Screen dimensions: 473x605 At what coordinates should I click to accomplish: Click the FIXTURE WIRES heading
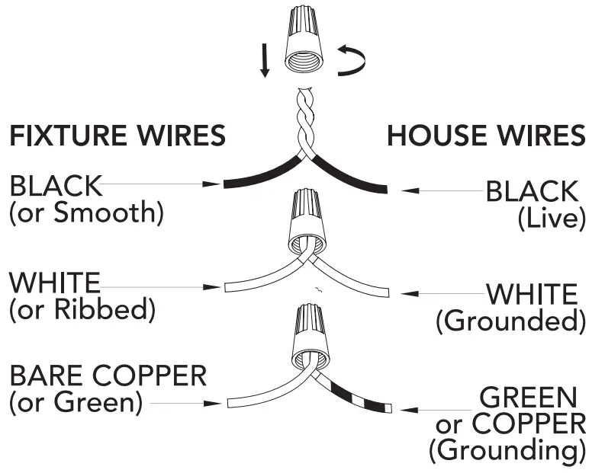tap(117, 136)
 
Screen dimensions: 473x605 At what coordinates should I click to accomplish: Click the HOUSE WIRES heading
tap(487, 136)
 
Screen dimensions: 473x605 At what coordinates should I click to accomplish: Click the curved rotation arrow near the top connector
tap(352, 61)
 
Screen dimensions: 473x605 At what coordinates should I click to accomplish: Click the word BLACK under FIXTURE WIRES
tap(55, 185)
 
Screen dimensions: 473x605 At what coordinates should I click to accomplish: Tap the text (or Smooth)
tap(86, 213)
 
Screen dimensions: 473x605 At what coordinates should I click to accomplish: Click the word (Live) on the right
tap(551, 219)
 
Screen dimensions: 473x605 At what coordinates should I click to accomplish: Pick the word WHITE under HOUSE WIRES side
tap(532, 294)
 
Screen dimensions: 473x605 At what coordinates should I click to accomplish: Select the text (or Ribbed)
tap(82, 309)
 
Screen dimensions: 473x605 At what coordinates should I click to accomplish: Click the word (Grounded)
tap(510, 321)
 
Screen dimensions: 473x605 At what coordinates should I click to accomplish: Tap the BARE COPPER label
tap(108, 376)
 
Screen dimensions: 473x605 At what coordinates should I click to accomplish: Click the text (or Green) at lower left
tap(76, 401)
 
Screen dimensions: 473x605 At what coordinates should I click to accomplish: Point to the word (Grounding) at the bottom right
tap(507, 450)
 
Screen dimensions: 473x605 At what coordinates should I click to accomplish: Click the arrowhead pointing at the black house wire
tap(410, 190)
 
